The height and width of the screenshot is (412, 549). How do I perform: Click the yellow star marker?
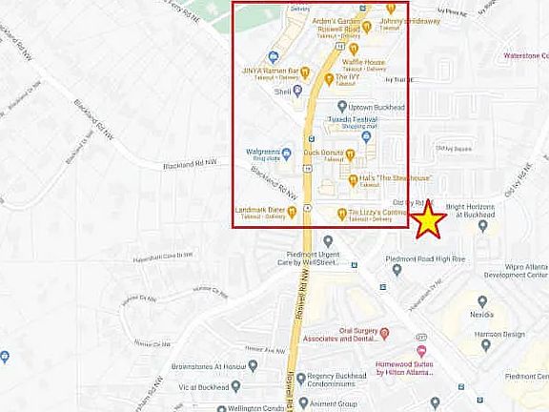point(430,220)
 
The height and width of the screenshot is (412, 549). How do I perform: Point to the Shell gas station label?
point(281,92)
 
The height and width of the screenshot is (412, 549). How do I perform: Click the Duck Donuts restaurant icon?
point(350,154)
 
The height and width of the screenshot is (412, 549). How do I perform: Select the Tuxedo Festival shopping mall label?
point(353,121)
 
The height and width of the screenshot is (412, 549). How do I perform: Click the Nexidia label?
point(481,314)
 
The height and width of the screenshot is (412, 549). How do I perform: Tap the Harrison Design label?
point(500,335)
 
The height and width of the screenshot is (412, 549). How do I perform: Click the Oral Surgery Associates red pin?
point(384,333)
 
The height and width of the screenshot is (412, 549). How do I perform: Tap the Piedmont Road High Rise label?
point(424,258)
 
